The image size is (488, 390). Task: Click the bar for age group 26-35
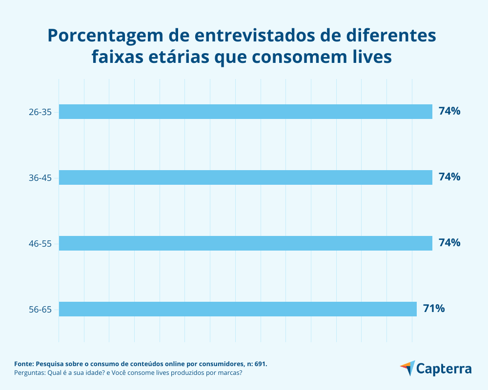[245, 112]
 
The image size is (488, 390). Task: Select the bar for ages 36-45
[245, 177]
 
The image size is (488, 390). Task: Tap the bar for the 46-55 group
[245, 243]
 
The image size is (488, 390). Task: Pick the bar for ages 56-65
[238, 309]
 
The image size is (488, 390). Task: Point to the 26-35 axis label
[40, 112]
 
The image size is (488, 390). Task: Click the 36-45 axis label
[40, 178]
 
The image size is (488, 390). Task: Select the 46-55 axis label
[40, 244]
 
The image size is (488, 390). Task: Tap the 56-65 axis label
[40, 310]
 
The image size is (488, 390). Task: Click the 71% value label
[433, 308]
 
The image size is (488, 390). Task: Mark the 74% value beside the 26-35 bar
[449, 111]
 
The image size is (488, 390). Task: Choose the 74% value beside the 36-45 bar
[449, 177]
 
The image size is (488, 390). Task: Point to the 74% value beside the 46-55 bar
[449, 242]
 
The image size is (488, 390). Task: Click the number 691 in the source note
[260, 364]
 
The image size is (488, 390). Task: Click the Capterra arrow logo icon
[407, 368]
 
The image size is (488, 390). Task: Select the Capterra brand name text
[444, 369]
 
